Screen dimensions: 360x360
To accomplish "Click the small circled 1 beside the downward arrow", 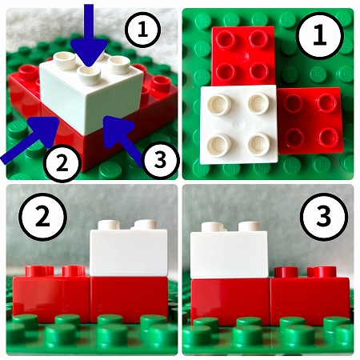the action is pos(143,30).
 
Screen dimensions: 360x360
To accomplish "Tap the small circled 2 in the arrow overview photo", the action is pos(62,164).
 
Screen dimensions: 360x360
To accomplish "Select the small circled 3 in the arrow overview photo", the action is pos(160,160).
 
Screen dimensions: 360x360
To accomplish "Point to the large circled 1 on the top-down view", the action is pos(320,36).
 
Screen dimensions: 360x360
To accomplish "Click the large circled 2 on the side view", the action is pos(42,217).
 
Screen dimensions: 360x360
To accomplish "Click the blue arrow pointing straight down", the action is pos(89,34).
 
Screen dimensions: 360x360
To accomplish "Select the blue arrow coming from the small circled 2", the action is pos(30,139).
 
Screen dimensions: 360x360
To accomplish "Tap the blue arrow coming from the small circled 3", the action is pos(121,138).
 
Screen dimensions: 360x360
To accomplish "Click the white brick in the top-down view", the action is pos(239,124).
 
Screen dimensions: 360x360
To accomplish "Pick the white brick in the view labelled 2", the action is pos(129,248).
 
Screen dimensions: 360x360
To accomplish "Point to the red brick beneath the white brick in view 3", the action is pos(230,302).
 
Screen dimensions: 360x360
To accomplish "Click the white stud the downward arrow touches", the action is pos(90,75).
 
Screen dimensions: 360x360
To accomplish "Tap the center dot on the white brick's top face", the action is pos(239,124).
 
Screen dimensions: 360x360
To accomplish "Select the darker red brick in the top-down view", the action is pos(310,121).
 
